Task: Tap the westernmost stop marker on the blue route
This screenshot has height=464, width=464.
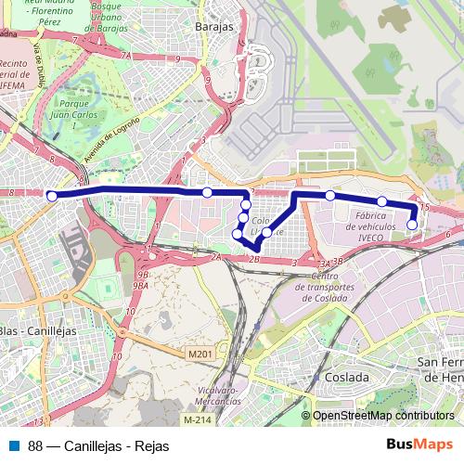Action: pos(52,196)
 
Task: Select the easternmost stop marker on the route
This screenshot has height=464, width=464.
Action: pos(413,224)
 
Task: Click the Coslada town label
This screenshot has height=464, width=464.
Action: pos(346,378)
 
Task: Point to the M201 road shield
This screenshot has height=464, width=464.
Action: pos(199,353)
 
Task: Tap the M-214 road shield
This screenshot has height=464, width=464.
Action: pos(196,419)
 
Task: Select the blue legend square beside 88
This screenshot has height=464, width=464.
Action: pos(14,445)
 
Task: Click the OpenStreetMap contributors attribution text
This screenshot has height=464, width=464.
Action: pos(382,416)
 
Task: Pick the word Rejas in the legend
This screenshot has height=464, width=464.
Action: pos(151,445)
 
